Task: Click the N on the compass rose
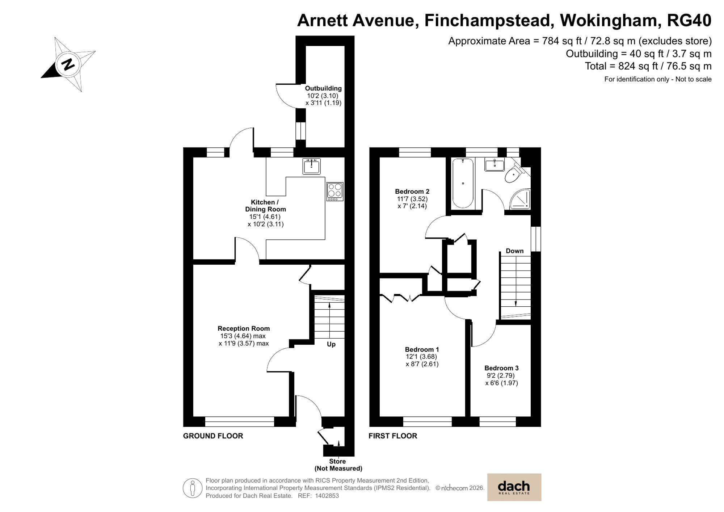[x=68, y=65]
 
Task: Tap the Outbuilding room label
[x=323, y=88]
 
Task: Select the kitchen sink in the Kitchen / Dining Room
[x=311, y=167]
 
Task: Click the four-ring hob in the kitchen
[x=334, y=191]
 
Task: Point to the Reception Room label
[x=243, y=328]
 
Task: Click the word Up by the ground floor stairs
[x=331, y=344]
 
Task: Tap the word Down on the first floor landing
[x=514, y=251]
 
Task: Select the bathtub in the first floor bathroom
[x=463, y=183]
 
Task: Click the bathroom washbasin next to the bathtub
[x=494, y=165]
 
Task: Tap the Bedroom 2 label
[x=412, y=192]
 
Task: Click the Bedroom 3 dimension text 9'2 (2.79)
[x=501, y=375]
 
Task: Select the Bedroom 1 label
[x=422, y=349]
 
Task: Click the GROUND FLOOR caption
[x=213, y=436]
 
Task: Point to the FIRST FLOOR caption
[x=393, y=436]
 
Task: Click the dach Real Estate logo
[x=514, y=487]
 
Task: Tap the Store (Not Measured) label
[x=338, y=465]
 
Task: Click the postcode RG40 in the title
[x=689, y=21]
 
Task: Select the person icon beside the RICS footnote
[x=193, y=488]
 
